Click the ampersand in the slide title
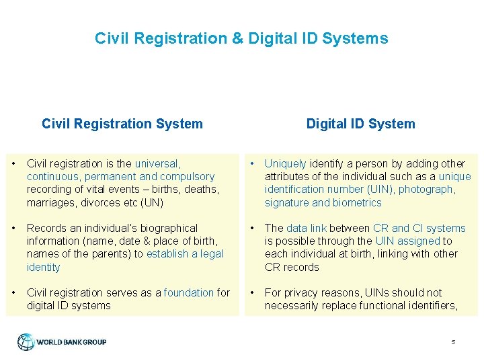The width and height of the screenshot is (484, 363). pos(238,38)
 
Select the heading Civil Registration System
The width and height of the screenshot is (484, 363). pos(122,124)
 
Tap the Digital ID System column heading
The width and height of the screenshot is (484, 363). pos(360,124)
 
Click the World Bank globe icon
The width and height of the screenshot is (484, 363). pos(26,341)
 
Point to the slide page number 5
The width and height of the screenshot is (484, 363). pos(453,342)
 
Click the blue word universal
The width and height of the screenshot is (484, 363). pos(157,163)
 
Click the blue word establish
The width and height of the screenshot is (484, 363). pos(168,254)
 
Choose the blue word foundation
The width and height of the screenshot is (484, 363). pos(189,292)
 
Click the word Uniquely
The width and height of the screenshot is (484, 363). pos(285,163)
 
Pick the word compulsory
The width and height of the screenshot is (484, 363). pos(187,177)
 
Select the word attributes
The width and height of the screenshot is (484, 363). pos(287,177)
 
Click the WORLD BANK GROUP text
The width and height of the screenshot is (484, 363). pos(71,342)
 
